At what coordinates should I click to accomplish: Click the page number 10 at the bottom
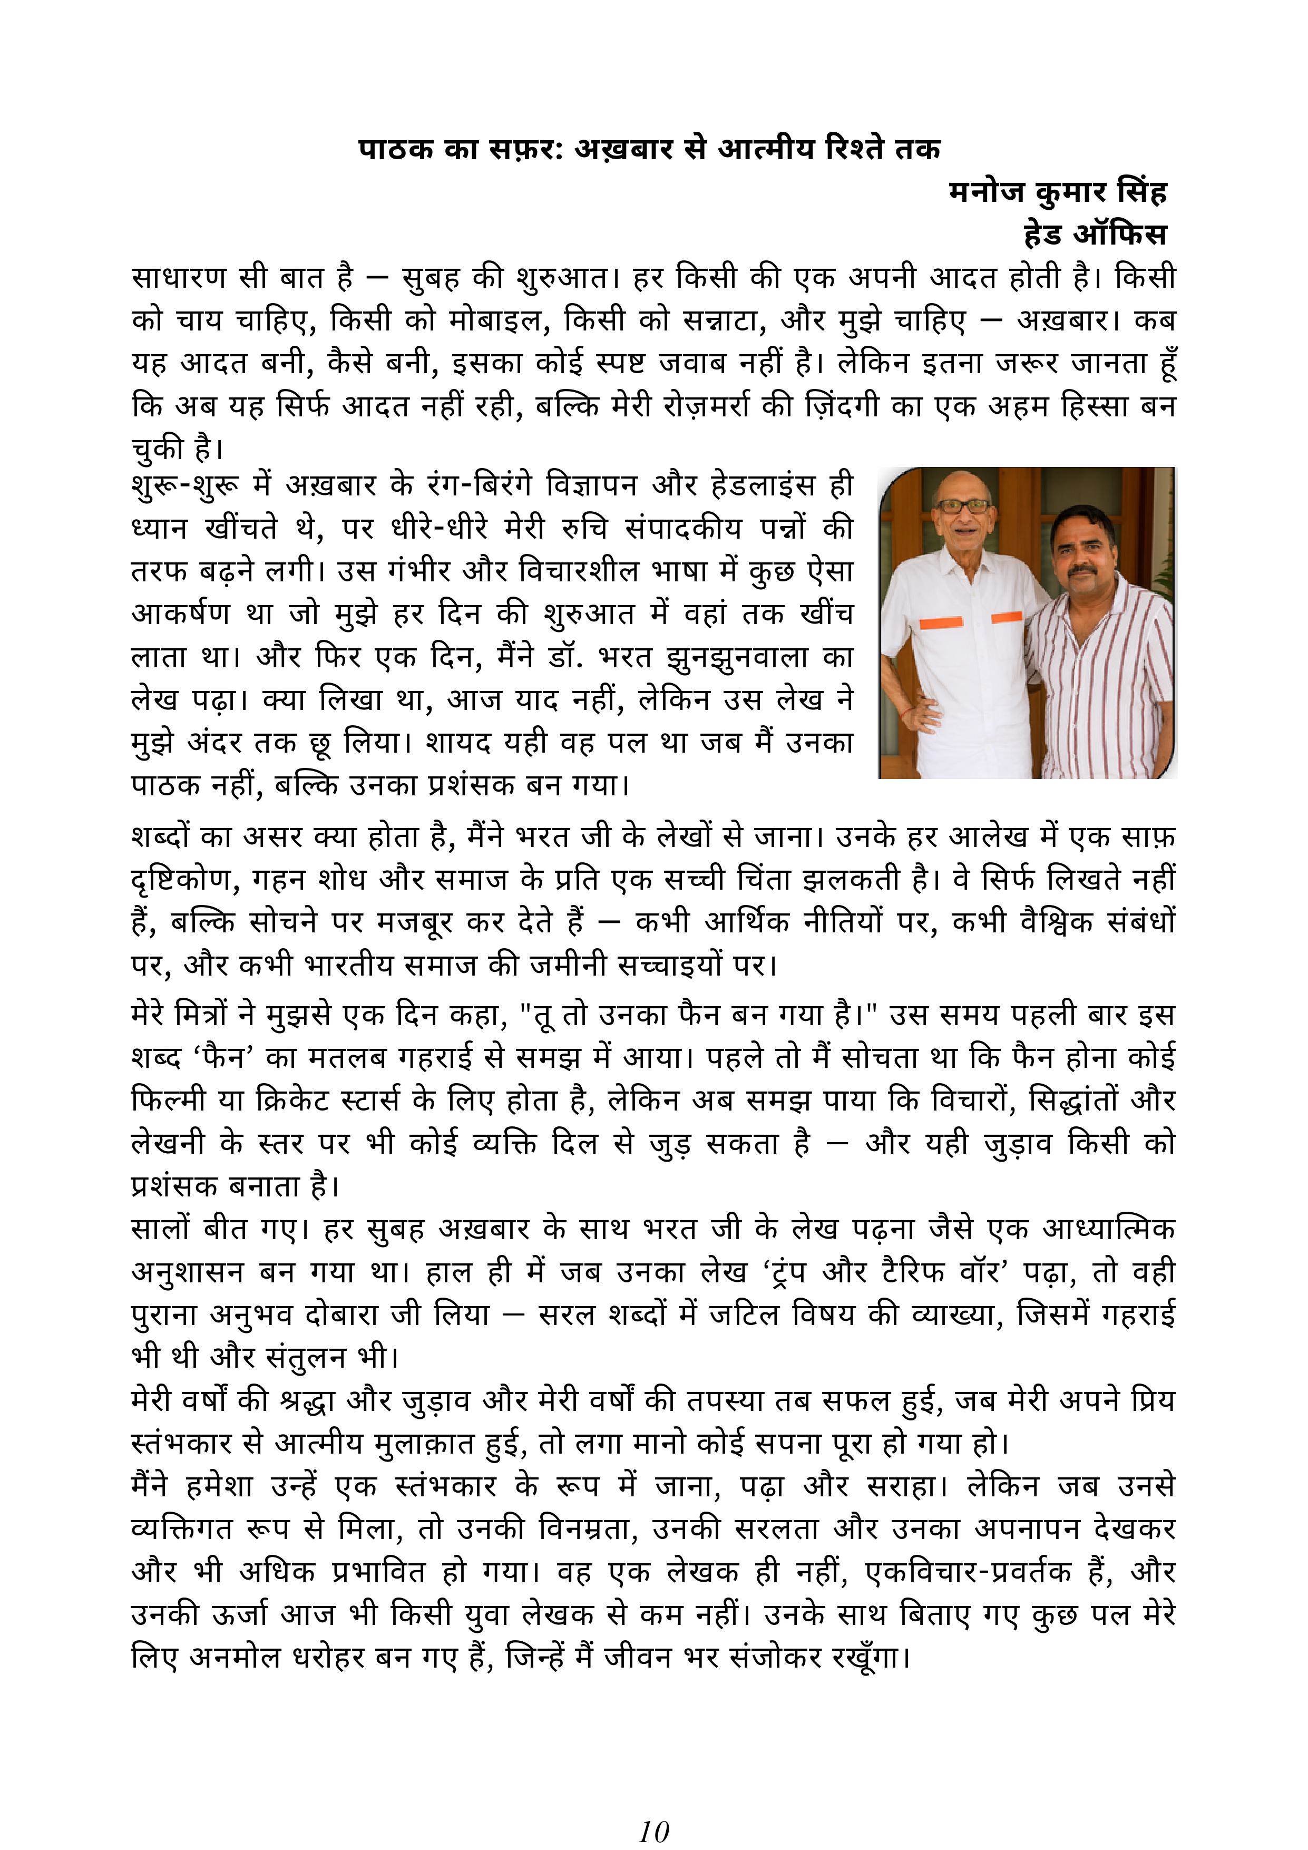653,1808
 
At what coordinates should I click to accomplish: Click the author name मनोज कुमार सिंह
1058,192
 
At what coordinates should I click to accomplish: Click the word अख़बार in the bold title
622,149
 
